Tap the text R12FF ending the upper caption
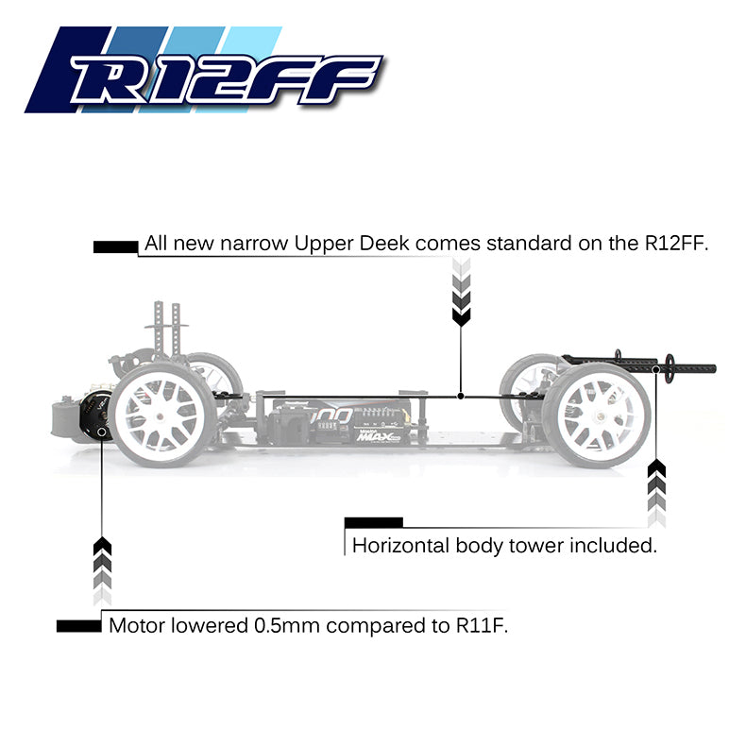point(675,243)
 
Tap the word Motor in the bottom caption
point(135,625)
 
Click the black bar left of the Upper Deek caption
point(115,246)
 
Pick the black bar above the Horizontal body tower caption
point(373,522)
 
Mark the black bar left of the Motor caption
point(78,626)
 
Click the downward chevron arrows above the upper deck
point(461,293)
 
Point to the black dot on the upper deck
point(460,396)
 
